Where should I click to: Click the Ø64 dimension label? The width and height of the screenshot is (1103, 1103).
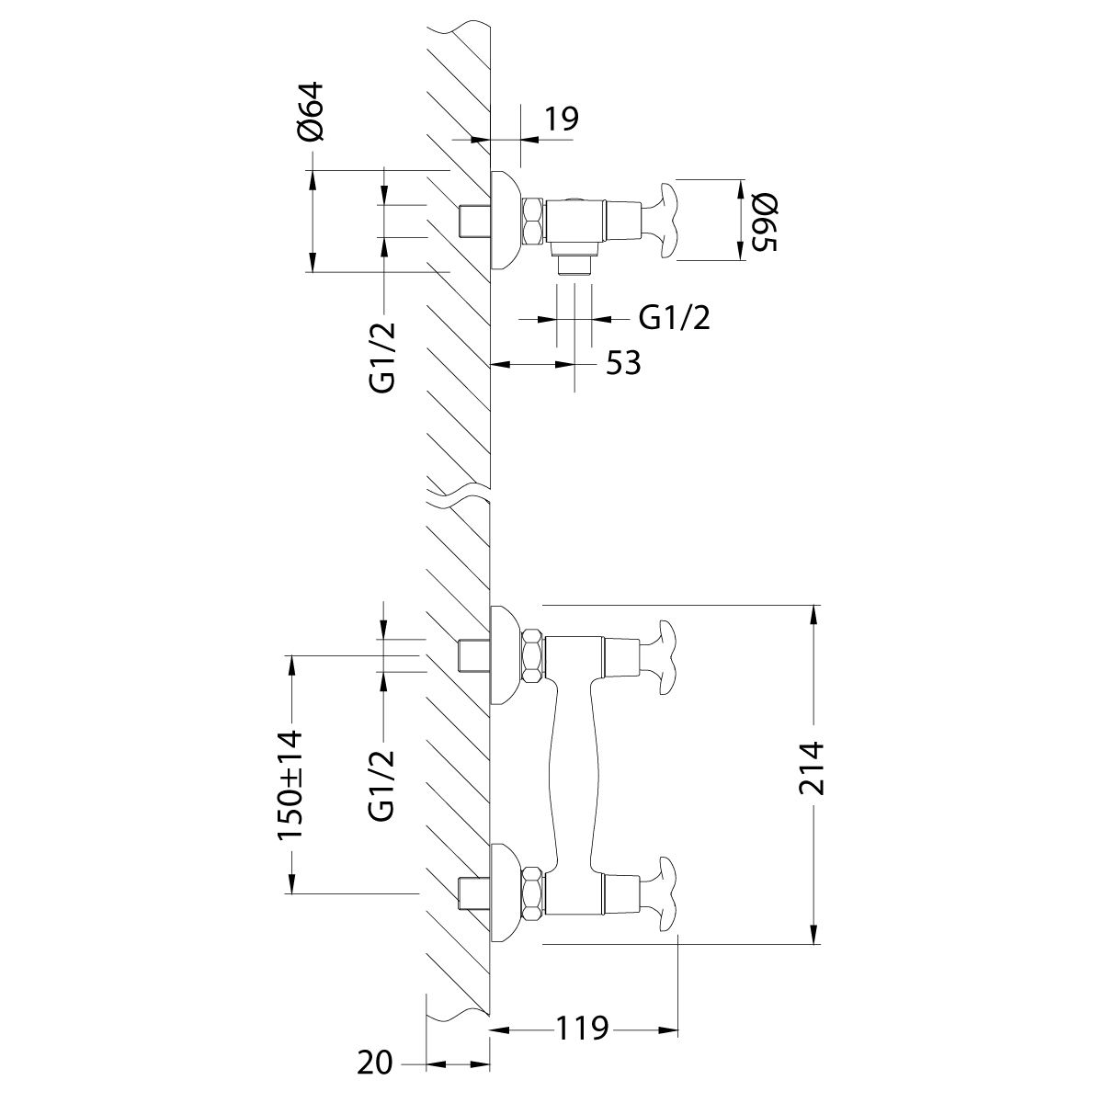click(312, 112)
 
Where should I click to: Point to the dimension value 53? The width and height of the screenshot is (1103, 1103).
click(622, 364)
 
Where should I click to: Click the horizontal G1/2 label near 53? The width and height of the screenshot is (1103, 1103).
click(675, 318)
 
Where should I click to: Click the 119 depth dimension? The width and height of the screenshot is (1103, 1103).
click(581, 1028)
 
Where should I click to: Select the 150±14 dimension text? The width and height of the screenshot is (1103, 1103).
click(290, 782)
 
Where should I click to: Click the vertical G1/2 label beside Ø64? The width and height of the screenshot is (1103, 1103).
click(383, 358)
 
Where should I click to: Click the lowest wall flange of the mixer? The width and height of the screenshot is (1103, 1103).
click(504, 893)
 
